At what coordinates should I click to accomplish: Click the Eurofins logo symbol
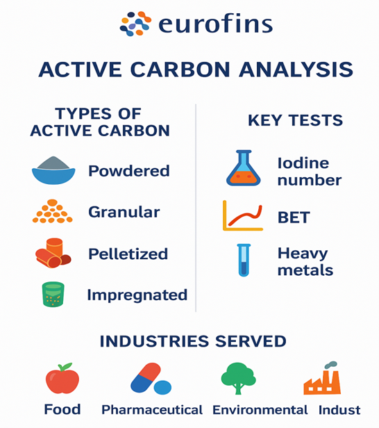pos(135,24)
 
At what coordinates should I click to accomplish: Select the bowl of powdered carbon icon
pos(53,171)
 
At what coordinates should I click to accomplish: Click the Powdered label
pos(128,171)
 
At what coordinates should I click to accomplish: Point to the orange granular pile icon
pos(52,212)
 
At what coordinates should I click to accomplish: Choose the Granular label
pos(124,212)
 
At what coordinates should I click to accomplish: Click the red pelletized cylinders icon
pos(53,253)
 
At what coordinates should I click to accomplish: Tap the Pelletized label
pos(128,254)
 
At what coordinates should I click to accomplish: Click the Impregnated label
pos(137,295)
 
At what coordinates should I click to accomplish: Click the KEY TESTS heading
pos(295,120)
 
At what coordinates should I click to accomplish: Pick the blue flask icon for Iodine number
pos(244,170)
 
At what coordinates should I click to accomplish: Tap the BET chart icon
pos(243,215)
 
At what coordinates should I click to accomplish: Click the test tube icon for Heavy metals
pos(244,260)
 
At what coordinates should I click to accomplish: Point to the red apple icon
pos(62,379)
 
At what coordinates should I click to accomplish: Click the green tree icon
pos(238,378)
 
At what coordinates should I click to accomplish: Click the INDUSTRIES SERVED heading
pos(192,341)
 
